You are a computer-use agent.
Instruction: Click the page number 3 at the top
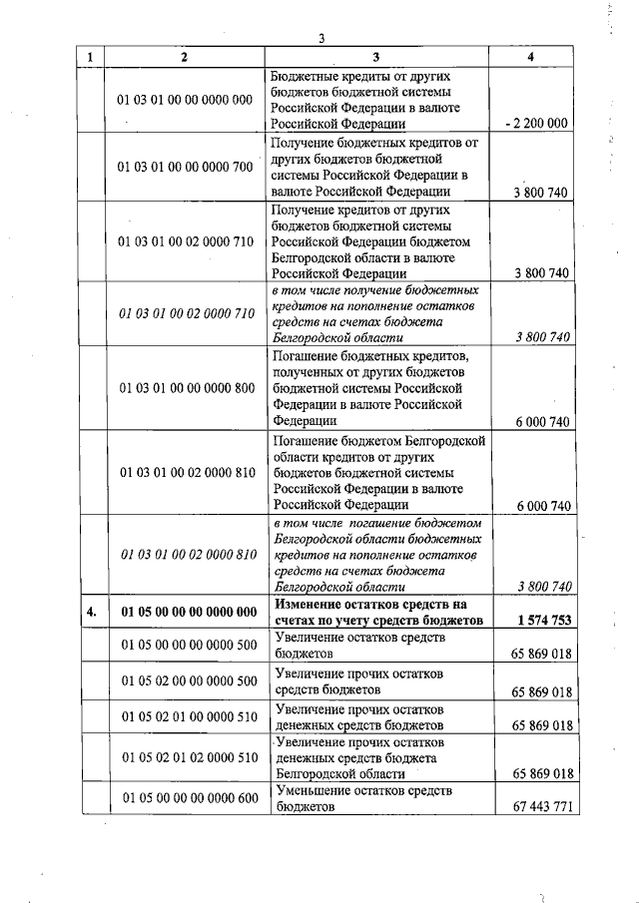click(x=322, y=39)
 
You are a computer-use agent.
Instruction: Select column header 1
click(x=90, y=57)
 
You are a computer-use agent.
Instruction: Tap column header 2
click(x=185, y=57)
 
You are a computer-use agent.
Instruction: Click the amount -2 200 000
click(x=537, y=124)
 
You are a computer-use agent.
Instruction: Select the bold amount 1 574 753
click(x=544, y=620)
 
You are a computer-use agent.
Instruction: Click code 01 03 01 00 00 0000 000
click(x=186, y=100)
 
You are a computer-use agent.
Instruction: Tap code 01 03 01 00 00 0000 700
click(x=186, y=167)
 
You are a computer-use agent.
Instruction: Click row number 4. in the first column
click(x=90, y=613)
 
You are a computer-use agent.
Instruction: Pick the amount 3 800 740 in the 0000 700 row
click(x=541, y=193)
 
